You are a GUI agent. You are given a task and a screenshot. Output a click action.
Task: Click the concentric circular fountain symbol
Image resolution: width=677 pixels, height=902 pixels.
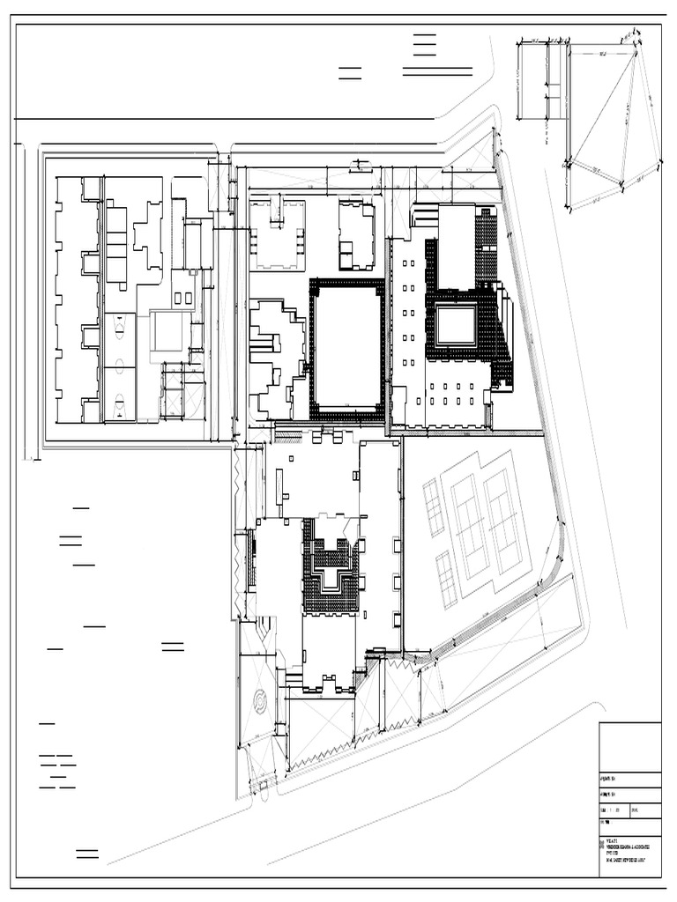tap(261, 702)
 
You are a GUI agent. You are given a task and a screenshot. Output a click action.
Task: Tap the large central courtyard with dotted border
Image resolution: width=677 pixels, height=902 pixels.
tap(346, 347)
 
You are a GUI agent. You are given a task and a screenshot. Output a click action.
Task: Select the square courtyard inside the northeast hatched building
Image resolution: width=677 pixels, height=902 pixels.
tap(456, 325)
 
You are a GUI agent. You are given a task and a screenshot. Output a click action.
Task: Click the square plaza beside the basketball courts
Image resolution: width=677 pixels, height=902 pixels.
tap(169, 330)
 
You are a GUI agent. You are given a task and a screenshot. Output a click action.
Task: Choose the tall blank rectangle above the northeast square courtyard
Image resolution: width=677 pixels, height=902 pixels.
tap(457, 248)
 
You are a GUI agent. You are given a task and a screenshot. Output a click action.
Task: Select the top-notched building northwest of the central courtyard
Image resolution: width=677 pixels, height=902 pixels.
tap(277, 236)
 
